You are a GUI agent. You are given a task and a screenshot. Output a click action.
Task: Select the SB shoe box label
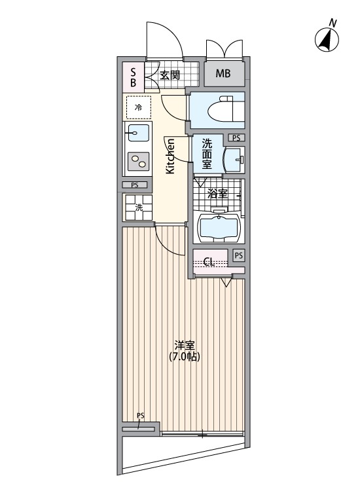133,77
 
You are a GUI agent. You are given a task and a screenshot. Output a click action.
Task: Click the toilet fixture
219,110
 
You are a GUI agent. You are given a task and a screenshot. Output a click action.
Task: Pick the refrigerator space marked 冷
138,107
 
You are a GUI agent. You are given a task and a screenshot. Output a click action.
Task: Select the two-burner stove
138,159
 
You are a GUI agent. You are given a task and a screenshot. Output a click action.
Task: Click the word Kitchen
170,158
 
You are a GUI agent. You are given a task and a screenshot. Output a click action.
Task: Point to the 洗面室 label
207,154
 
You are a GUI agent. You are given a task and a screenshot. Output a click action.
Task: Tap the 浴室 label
217,194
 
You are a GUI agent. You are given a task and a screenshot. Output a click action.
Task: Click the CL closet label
209,262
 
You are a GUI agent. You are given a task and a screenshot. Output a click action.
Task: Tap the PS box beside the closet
239,255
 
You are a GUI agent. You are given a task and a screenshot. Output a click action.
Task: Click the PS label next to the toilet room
236,138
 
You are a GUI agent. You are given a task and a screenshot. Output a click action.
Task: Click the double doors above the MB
225,49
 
